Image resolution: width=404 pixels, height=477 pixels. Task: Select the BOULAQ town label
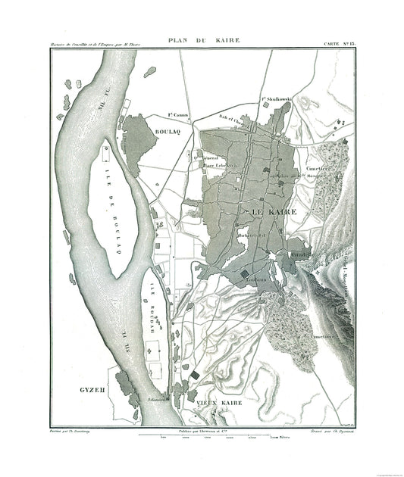168,130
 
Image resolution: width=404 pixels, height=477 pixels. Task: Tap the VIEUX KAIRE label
220,404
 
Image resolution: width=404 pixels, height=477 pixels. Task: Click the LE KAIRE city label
267,212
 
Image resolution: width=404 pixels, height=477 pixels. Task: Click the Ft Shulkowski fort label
277,99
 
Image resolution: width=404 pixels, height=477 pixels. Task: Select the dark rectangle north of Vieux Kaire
195,374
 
